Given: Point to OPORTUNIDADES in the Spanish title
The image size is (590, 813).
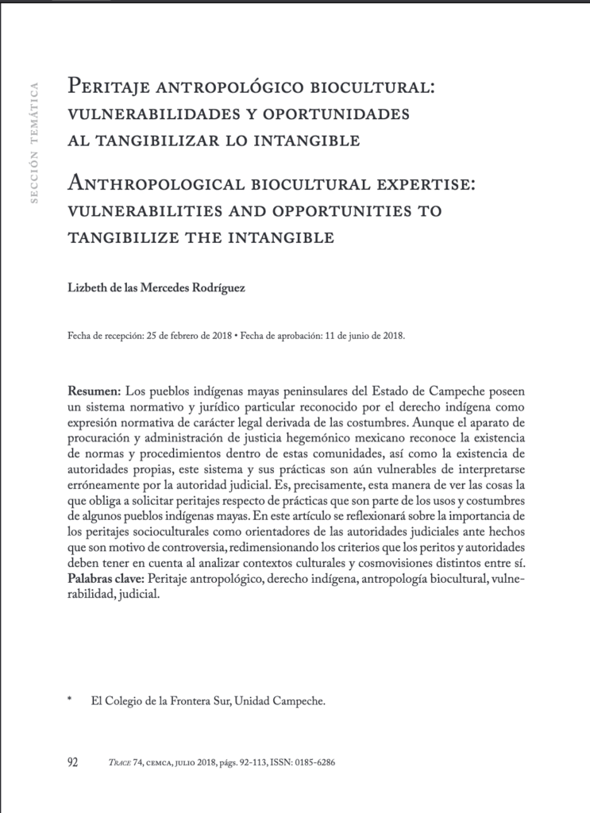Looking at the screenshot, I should tap(334, 113).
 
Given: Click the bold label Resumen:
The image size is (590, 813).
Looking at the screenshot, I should tap(94, 393).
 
